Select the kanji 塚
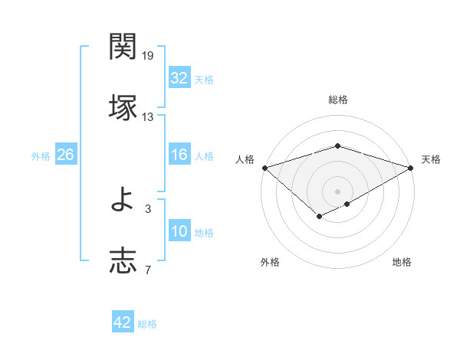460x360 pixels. coord(123,106)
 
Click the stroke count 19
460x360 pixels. coord(148,56)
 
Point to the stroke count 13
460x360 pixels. coord(148,116)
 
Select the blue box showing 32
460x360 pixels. coord(179,77)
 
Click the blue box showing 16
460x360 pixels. coord(179,155)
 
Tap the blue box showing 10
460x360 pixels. coord(179,232)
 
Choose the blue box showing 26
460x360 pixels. coord(65,155)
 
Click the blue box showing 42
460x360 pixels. coord(122,322)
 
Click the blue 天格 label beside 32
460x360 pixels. coord(204,79)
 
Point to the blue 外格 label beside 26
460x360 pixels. coord(41,155)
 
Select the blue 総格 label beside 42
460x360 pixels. coord(147,324)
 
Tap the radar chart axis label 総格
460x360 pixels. coord(337,100)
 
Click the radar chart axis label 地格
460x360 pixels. coord(402,263)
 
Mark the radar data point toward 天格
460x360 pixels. coord(411,168)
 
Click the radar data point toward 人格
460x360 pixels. coord(264,168)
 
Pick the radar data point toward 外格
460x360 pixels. coord(319,218)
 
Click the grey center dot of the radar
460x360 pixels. coord(337,191)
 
